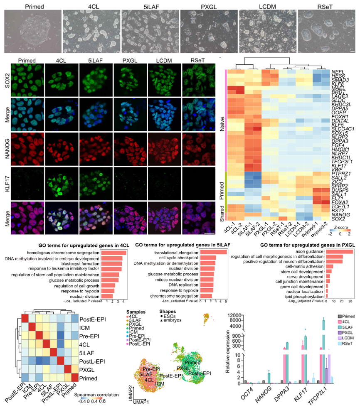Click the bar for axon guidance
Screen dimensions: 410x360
tap(339, 252)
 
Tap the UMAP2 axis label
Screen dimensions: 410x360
tap(129, 395)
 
